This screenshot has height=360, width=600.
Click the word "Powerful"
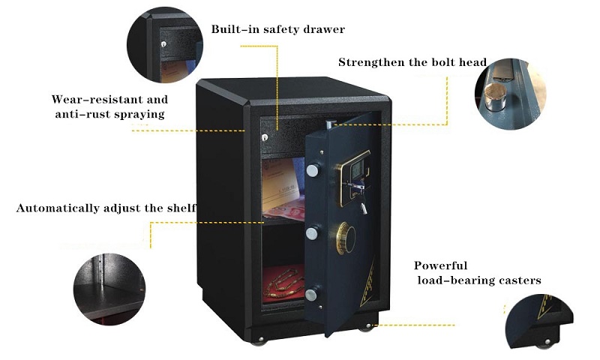440,265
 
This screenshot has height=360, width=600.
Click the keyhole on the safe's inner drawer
265,137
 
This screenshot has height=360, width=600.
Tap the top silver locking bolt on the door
313,170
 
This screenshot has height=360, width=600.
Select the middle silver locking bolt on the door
312,233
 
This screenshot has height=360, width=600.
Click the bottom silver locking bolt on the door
311,295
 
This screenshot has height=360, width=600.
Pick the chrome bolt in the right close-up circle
494,97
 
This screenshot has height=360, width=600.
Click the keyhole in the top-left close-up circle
163,44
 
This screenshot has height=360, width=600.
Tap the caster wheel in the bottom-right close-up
545,344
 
